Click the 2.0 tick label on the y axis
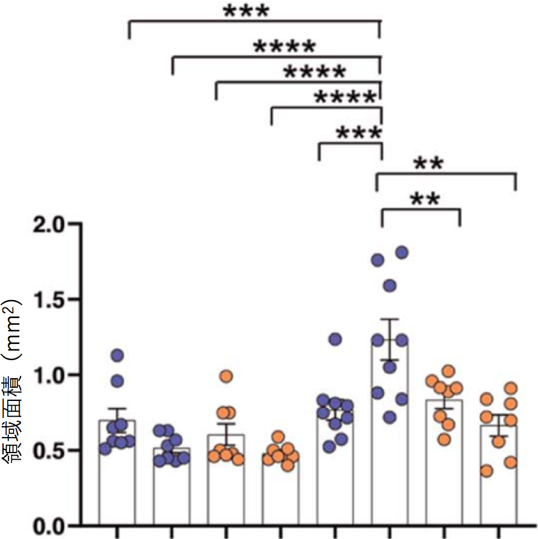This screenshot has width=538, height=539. coord(50,224)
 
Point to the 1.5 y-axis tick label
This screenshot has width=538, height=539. coord(50,300)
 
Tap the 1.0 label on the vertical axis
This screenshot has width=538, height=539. coord(50,375)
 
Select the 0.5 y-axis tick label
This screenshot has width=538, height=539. coord(50,451)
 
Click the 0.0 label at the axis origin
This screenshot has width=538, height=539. coord(50,526)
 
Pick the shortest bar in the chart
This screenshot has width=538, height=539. coord(280,492)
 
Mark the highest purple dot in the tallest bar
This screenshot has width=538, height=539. coord(402,252)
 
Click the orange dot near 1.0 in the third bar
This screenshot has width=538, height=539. coord(226,376)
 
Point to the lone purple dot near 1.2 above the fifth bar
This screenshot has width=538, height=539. coord(335,340)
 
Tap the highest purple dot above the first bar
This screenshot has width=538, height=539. coord(117,355)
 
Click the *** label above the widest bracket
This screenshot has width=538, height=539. coord(247,11)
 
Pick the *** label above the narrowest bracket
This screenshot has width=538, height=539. coord(359,133)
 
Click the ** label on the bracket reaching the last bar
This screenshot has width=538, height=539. coord(428,164)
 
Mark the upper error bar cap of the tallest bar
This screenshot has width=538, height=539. coord(389,319)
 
